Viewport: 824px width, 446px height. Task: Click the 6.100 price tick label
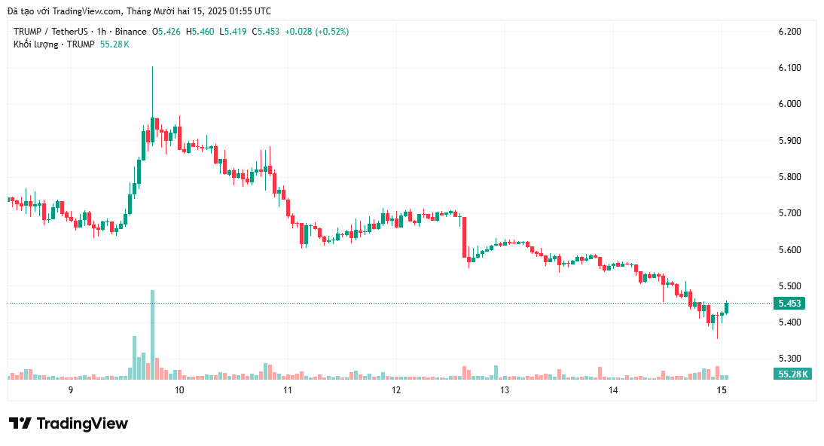click(789, 68)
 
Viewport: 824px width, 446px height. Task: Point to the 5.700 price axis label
click(789, 213)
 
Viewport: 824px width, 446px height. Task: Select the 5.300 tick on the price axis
click(789, 359)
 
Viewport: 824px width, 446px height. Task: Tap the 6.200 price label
click(789, 32)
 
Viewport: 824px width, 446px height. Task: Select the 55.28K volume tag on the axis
click(793, 374)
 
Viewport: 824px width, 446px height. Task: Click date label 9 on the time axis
click(70, 390)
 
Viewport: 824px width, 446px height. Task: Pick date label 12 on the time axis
click(396, 390)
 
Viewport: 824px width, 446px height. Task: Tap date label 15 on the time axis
click(722, 390)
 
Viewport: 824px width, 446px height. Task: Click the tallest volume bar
click(152, 334)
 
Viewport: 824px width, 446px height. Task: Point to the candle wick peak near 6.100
click(152, 68)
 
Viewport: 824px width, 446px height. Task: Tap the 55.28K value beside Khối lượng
click(114, 44)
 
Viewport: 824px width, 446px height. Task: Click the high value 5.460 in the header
click(203, 32)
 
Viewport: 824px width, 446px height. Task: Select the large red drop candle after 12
click(464, 236)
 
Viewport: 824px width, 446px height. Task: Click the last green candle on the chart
click(727, 307)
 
